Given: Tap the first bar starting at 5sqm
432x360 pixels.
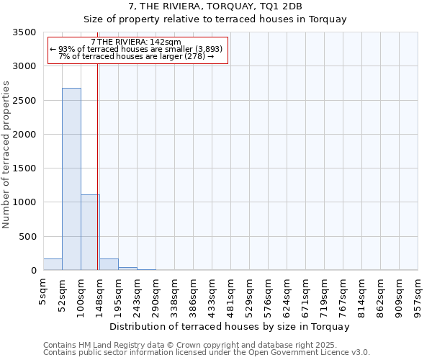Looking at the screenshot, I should pyautogui.click(x=53, y=264).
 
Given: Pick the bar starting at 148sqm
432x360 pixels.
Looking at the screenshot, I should pyautogui.click(x=109, y=264).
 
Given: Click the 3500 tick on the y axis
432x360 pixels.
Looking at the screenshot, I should pyautogui.click(x=24, y=32).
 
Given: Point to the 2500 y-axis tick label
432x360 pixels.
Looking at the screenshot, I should pyautogui.click(x=24, y=101).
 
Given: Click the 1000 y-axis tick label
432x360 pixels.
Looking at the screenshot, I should pyautogui.click(x=24, y=202).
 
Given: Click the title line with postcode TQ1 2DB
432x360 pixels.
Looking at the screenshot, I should pyautogui.click(x=215, y=7).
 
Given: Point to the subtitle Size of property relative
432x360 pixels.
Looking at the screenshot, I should pyautogui.click(x=215, y=19).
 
